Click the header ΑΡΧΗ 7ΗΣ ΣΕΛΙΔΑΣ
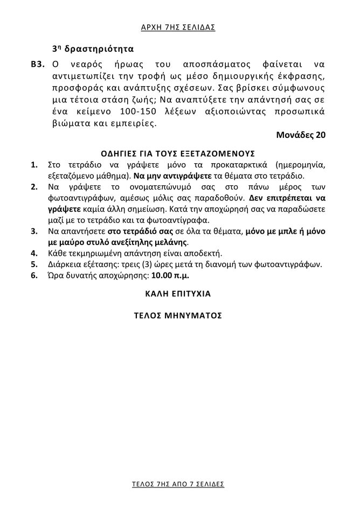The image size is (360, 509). (x=179, y=26)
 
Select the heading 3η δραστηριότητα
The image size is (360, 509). (x=92, y=48)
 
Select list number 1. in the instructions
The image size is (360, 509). (x=33, y=164)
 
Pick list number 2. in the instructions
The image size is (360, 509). (x=33, y=187)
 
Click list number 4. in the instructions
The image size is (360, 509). (x=33, y=253)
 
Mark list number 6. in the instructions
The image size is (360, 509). (x=33, y=275)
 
